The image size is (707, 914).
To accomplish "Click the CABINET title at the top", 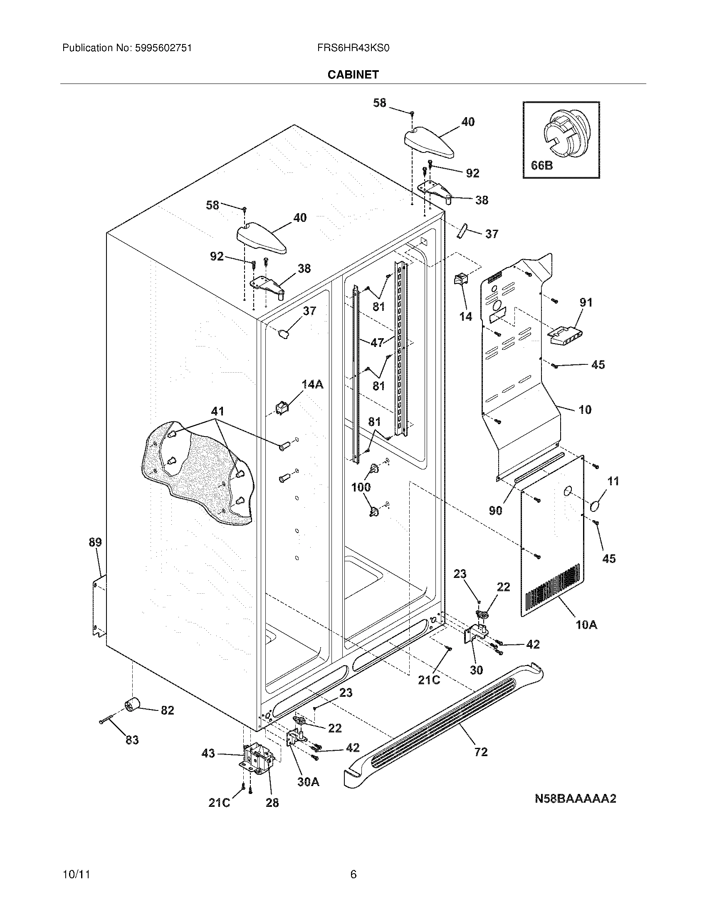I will pos(353,74).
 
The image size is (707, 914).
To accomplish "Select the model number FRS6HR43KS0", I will pos(353,48).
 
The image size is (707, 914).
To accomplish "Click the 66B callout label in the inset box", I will pos(541,166).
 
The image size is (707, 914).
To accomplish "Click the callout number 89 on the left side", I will pos(95,542).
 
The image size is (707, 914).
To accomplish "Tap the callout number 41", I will pos(218,411).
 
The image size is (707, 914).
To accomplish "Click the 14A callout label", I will pos(312,384).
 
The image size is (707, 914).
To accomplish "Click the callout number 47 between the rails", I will pos(377,343).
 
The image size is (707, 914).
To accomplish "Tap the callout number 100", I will pos(361,487).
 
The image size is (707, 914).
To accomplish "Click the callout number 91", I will pos(586,302).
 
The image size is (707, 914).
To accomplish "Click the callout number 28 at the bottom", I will pos(272,803).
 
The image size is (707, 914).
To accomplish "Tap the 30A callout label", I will pos(308,782).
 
